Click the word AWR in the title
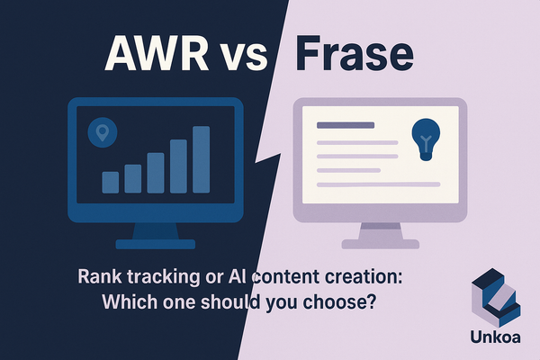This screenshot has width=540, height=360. (156, 55)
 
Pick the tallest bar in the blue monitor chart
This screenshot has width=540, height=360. (202, 159)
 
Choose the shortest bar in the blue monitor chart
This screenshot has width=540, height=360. (112, 183)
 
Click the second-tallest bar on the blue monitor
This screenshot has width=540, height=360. (178, 165)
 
